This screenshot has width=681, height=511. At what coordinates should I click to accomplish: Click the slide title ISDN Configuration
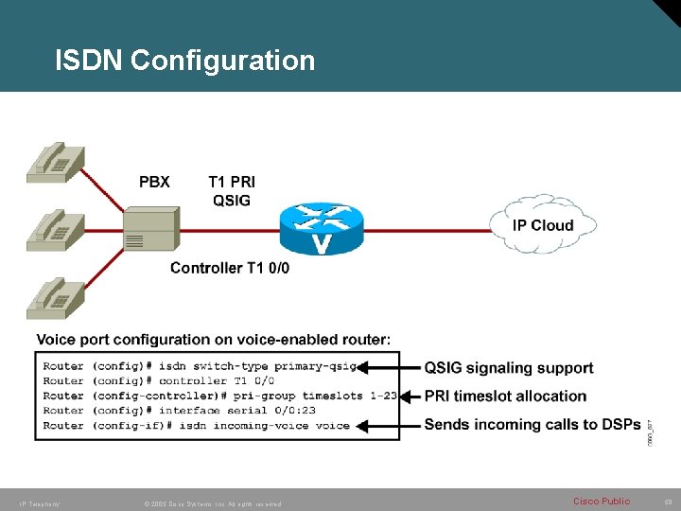click(184, 61)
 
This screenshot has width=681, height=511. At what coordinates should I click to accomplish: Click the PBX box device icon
click(149, 230)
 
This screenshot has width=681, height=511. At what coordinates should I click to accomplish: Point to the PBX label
click(154, 182)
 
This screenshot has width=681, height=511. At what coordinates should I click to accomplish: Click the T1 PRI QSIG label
click(232, 190)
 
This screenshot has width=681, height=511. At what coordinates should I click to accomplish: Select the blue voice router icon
click(322, 228)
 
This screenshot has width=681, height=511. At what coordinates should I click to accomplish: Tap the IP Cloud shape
click(543, 225)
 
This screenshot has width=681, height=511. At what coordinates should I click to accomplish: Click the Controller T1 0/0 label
click(230, 268)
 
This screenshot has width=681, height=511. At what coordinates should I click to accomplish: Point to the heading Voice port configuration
click(213, 339)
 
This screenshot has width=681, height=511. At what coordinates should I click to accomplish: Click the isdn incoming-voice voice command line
click(197, 426)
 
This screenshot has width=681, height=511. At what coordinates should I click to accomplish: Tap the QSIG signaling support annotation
click(509, 368)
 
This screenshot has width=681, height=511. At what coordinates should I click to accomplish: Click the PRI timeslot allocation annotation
click(505, 396)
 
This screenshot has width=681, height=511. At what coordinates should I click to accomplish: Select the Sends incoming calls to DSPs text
click(533, 425)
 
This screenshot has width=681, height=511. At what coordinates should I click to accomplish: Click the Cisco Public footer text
click(601, 501)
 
